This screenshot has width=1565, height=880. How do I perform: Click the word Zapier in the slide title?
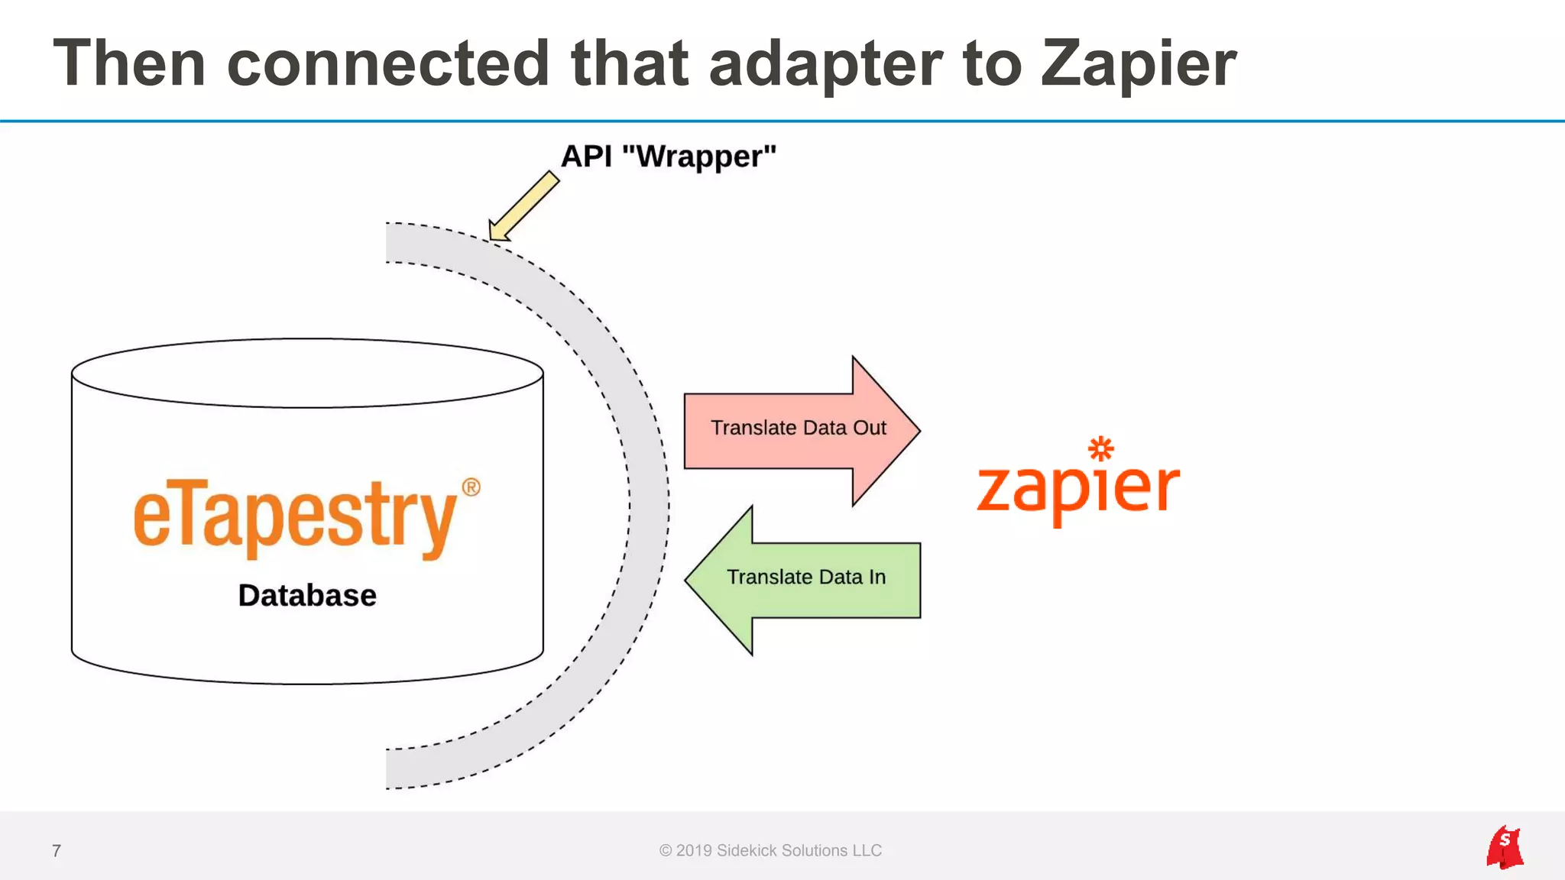1138,65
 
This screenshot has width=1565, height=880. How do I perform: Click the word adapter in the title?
825,65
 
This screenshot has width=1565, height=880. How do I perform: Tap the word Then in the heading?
129,63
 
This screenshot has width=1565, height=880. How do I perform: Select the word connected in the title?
388,63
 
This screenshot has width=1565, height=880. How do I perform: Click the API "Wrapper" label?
669,157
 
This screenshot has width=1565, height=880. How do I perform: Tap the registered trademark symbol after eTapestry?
471,487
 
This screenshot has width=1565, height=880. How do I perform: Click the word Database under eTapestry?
307,596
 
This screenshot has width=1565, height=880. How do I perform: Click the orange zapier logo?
1078,489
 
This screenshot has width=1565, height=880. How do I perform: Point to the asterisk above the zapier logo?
1101,448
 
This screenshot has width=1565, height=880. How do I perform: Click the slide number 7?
57,851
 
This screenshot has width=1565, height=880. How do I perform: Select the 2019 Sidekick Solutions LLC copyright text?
770,851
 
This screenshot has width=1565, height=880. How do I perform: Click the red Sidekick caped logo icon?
1505,847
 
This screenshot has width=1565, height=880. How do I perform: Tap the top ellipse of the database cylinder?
307,373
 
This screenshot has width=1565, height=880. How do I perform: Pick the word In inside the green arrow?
876,577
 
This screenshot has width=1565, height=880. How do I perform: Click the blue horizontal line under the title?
782,121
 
